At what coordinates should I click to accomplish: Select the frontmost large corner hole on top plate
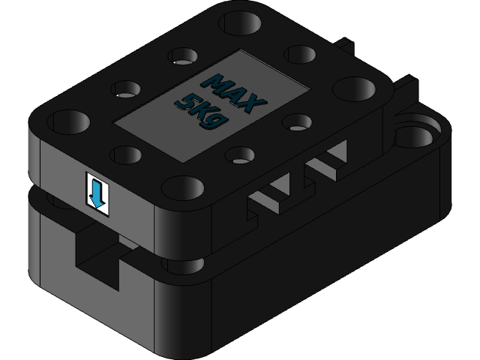[x=181, y=187]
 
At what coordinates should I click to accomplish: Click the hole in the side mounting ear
[x=414, y=133]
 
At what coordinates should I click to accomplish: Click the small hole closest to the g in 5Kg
[x=240, y=156]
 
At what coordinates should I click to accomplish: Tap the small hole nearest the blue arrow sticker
[x=125, y=155]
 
